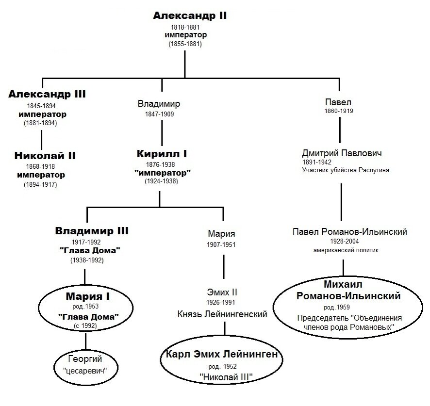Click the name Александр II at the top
(190, 16)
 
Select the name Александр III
(47, 94)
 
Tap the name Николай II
(45, 156)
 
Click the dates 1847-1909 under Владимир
(159, 114)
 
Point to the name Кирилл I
(162, 154)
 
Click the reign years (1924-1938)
(161, 181)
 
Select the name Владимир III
(92, 231)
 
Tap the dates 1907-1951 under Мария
(221, 244)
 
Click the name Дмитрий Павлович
(342, 153)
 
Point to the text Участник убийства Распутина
(346, 170)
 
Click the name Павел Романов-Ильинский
(349, 232)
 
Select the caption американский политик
(346, 250)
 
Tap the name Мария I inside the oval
(88, 296)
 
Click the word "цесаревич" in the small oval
(85, 371)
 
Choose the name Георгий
(85, 359)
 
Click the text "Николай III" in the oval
(226, 377)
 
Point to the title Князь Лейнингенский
(222, 314)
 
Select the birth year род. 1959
(336, 308)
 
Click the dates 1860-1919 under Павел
(339, 111)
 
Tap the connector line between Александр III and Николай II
(41, 140)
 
